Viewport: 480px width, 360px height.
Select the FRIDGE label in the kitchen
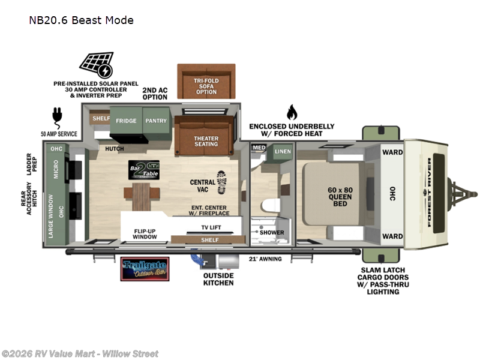pos(127,120)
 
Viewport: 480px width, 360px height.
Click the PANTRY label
pos(155,120)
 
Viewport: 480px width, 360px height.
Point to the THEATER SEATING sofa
pos(206,142)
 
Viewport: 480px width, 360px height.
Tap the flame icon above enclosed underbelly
pos(292,112)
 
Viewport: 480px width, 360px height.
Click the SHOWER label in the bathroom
pos(272,232)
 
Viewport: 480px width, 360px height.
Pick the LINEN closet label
pos(283,152)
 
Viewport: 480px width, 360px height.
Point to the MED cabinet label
pos(259,148)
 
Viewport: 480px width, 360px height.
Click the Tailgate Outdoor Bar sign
pos(145,269)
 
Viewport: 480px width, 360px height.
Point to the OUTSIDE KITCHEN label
pos(218,278)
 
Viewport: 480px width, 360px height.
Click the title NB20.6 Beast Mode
pos(81,20)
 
